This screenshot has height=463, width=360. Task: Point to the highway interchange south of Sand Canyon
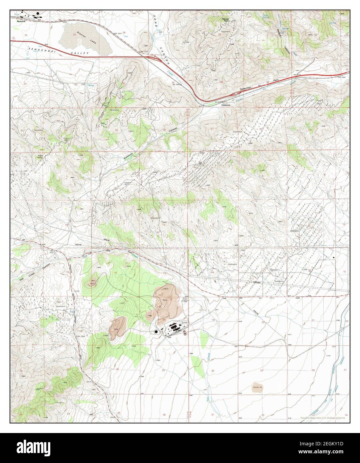[x=153, y=57]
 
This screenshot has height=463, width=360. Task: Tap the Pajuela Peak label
[x=227, y=20]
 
